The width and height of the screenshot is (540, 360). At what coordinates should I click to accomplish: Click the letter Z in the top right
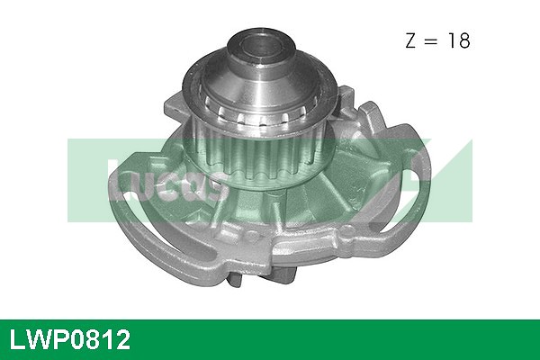pos(413,40)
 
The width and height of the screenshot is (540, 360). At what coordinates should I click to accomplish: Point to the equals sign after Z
pos(436,41)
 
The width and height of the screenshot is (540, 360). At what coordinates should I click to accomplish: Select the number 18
pos(460,40)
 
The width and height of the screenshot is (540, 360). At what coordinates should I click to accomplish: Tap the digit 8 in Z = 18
pos(465,40)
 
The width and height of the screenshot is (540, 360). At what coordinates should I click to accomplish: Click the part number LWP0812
pos(69,339)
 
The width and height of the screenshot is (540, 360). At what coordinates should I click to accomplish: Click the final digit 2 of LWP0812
pos(122,339)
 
